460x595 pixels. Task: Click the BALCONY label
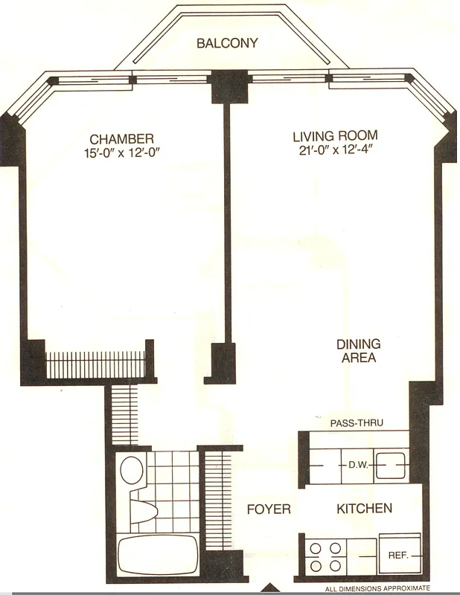click(227, 43)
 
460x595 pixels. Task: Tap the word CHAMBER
click(122, 139)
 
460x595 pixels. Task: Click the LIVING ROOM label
click(335, 136)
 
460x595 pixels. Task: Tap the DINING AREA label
click(358, 351)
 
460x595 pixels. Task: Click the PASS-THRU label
click(356, 423)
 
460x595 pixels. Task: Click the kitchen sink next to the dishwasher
click(389, 466)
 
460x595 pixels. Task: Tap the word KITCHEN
click(364, 509)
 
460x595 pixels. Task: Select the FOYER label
click(269, 509)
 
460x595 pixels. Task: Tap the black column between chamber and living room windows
click(222, 86)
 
